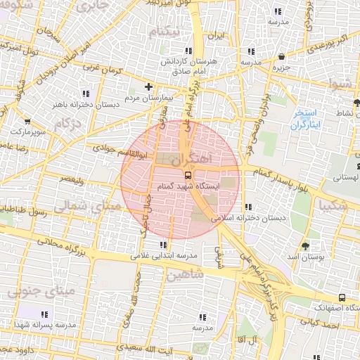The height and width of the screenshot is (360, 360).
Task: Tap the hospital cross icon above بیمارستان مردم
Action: tap(148, 87)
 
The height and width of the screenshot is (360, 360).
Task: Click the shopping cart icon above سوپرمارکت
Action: tap(27, 121)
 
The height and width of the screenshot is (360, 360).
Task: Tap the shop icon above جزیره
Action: tap(281, 57)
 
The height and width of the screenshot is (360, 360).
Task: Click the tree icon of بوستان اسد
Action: tap(305, 246)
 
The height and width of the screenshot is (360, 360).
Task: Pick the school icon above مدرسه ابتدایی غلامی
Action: tap(163, 245)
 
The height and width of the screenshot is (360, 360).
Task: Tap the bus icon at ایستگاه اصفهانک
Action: tap(342, 297)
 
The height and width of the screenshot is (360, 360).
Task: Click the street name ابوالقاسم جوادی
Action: tap(116, 150)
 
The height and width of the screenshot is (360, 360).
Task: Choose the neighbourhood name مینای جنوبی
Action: tap(32, 290)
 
